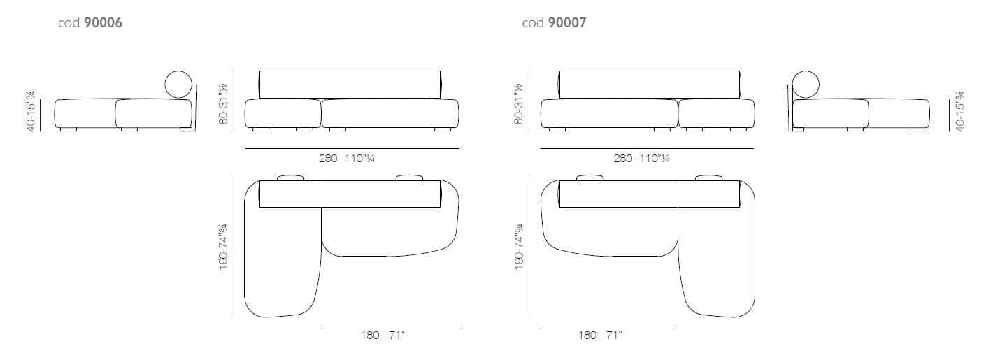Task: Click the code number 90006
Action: [x=103, y=22]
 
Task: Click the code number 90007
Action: [x=567, y=22]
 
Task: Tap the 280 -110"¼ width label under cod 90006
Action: [x=347, y=159]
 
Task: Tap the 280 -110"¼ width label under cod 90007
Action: [x=642, y=159]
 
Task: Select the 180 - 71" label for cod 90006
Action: [x=383, y=336]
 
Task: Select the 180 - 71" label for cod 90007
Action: [x=600, y=336]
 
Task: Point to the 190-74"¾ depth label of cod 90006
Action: [x=223, y=247]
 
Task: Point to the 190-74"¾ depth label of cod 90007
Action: [x=519, y=247]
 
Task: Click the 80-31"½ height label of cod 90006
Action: [x=223, y=103]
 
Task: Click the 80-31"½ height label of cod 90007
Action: [x=519, y=103]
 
